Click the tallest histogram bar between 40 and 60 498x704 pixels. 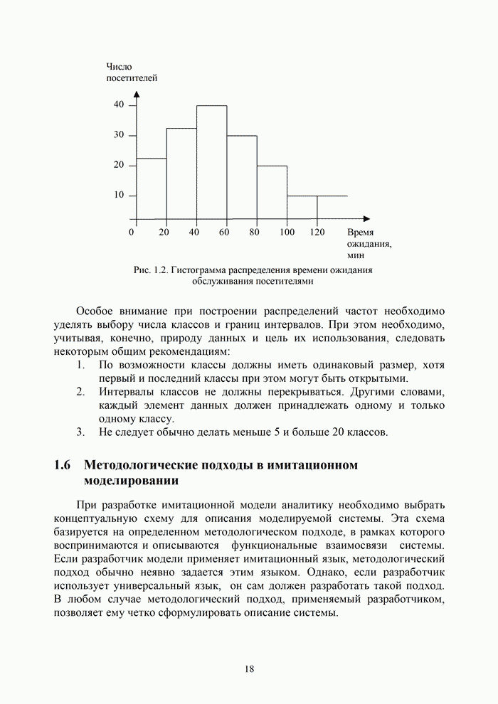click(212, 162)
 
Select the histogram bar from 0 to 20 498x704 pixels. click(151, 188)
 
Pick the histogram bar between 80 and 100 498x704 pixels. click(272, 192)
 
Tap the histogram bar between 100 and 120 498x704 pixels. click(302, 207)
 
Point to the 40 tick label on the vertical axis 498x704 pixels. click(119, 105)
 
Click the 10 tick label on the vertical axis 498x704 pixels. click(119, 196)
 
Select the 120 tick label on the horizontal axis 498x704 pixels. click(317, 232)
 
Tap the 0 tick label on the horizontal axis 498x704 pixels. click(132, 232)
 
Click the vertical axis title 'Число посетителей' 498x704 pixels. click(131, 73)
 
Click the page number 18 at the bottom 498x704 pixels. click(249, 669)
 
